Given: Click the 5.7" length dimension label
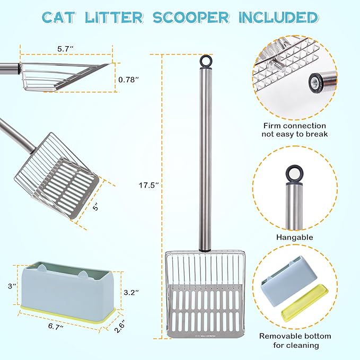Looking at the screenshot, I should (x=65, y=48).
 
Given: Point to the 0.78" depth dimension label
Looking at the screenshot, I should (x=129, y=80).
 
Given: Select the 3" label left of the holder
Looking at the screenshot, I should (x=10, y=286).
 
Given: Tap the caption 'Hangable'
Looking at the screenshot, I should (x=295, y=238).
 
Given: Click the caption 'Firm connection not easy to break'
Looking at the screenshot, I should (x=295, y=130).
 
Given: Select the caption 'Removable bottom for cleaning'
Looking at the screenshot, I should (x=295, y=340).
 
